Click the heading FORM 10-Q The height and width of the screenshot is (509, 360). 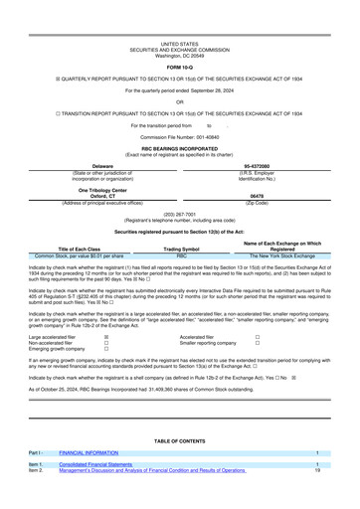180,39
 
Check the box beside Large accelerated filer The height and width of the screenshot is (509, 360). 106,336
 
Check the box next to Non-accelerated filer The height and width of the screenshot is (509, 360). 106,343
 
